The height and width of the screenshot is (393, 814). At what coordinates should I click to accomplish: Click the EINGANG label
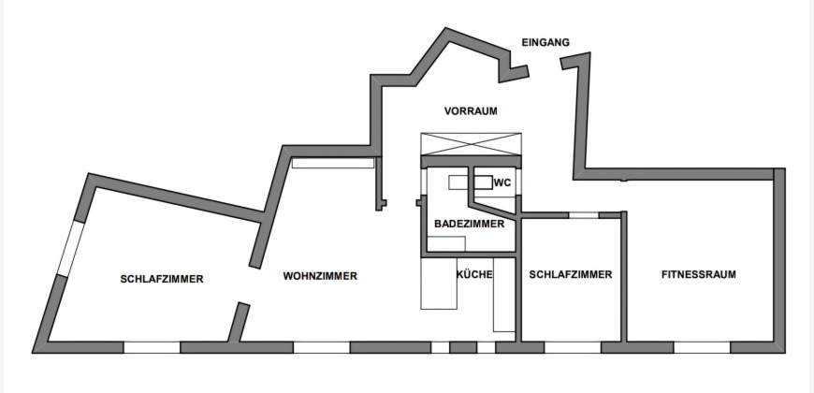(545, 42)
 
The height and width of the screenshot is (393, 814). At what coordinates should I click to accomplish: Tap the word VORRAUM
(471, 111)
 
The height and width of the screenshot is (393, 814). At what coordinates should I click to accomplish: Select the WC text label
(502, 182)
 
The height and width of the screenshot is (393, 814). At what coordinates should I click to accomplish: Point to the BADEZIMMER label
(470, 224)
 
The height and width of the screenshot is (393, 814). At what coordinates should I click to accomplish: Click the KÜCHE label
(474, 274)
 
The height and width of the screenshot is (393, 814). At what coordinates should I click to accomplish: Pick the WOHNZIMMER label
(320, 276)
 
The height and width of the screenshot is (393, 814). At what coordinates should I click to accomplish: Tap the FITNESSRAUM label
(699, 275)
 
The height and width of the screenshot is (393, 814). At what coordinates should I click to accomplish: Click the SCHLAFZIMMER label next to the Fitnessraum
(571, 275)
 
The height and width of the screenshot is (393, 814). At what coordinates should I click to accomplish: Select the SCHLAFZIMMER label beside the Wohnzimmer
(162, 279)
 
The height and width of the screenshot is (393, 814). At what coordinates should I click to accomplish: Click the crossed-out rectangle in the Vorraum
(471, 144)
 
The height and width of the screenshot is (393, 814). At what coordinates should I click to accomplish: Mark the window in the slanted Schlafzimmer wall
(70, 249)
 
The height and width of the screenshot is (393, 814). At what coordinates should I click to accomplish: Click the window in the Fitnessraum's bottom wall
(702, 347)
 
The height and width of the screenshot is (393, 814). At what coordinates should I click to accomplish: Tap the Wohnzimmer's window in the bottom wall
(321, 347)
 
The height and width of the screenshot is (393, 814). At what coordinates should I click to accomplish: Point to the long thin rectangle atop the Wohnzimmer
(333, 163)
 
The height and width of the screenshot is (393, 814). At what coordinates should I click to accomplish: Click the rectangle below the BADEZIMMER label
(446, 244)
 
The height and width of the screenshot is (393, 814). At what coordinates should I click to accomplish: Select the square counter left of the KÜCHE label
(439, 284)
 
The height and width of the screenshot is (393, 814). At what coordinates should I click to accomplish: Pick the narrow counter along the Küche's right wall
(503, 295)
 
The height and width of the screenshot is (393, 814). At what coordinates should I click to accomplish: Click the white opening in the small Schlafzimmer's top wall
(584, 215)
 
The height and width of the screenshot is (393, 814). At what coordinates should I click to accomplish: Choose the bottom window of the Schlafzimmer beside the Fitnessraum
(573, 347)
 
